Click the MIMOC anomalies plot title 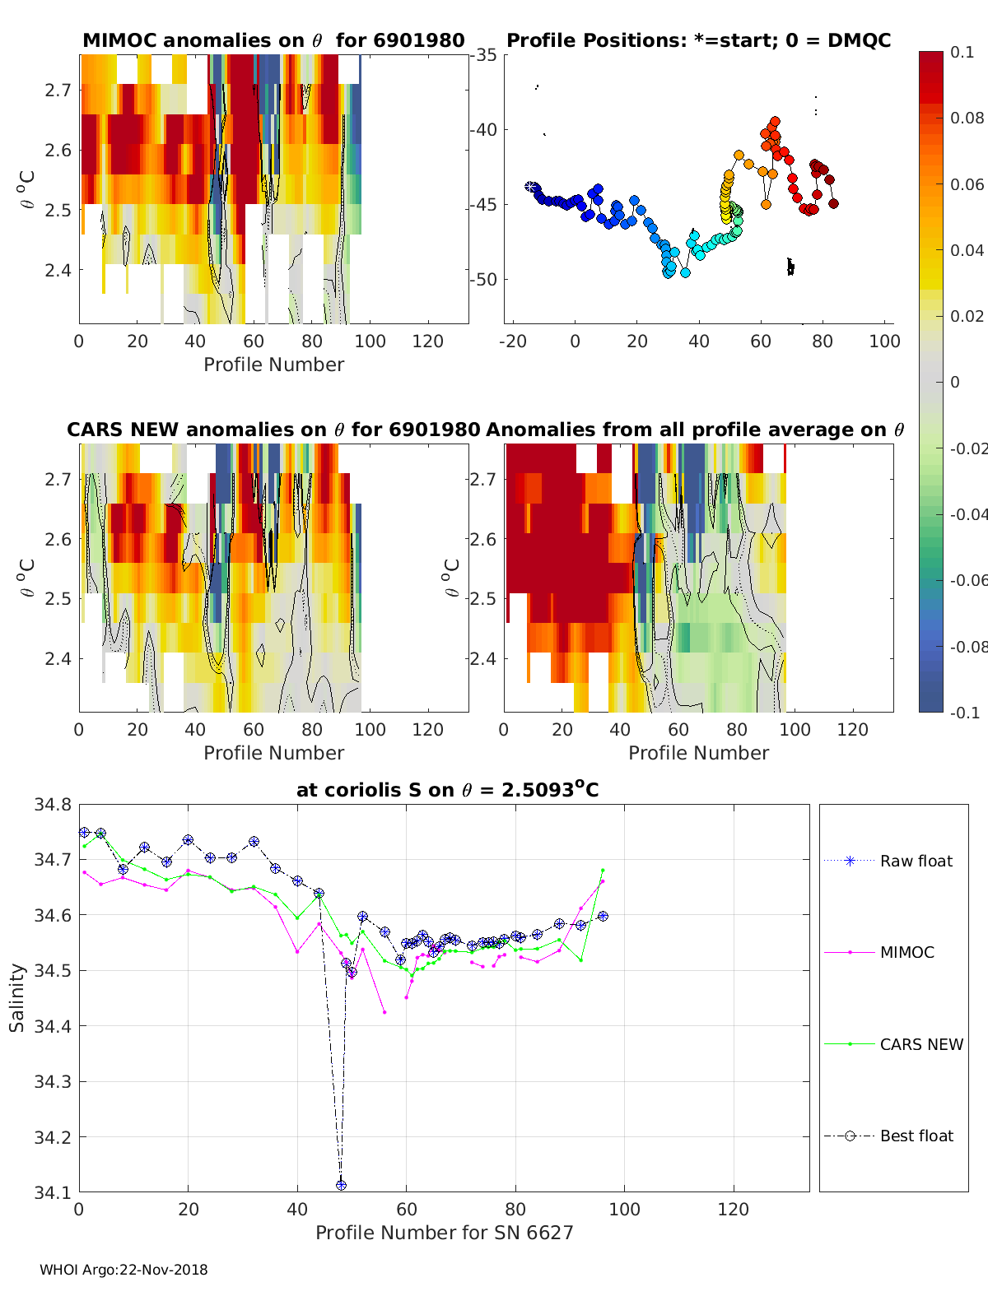pyautogui.click(x=273, y=40)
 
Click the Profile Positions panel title pyautogui.click(x=698, y=40)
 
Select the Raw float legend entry pyautogui.click(x=916, y=861)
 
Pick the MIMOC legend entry pyautogui.click(x=906, y=952)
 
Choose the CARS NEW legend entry pyautogui.click(x=920, y=1044)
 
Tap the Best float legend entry pyautogui.click(x=916, y=1136)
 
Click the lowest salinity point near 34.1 pyautogui.click(x=341, y=1185)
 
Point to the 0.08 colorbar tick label pyautogui.click(x=967, y=118)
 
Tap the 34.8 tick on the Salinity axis pyautogui.click(x=52, y=805)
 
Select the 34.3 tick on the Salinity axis pyautogui.click(x=52, y=1082)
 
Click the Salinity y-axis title pyautogui.click(x=17, y=997)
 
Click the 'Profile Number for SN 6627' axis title pyautogui.click(x=444, y=1233)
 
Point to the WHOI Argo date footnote pyautogui.click(x=123, y=1270)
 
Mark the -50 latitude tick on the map pyautogui.click(x=482, y=279)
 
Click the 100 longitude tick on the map pyautogui.click(x=884, y=341)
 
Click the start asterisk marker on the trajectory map pyautogui.click(x=531, y=188)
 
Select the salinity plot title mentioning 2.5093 pyautogui.click(x=447, y=790)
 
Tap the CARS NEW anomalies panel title pyautogui.click(x=273, y=430)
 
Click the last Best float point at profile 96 pyautogui.click(x=603, y=916)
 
